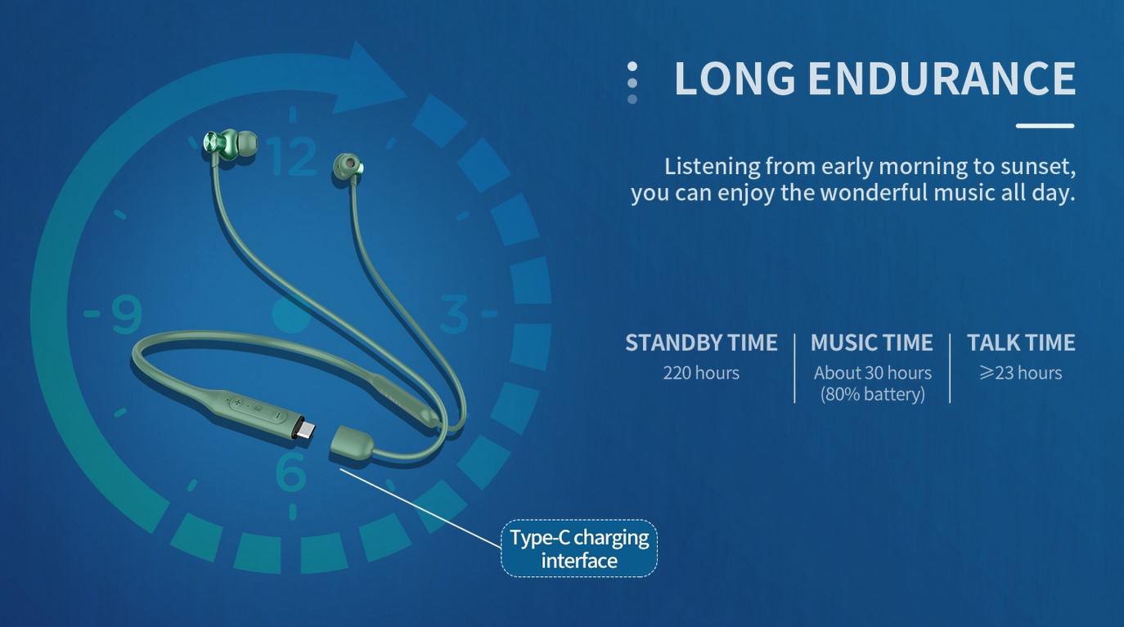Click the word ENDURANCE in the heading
942,78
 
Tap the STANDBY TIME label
701,343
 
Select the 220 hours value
701,374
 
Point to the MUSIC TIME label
871,343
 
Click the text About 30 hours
873,374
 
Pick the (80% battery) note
873,395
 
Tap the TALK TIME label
1021,343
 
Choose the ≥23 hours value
1021,374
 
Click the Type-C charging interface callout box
579,549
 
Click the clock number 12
291,155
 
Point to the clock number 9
126,315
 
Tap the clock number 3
454,315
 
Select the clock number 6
290,471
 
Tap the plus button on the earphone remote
237,401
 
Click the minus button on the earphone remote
277,415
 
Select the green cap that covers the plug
351,443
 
